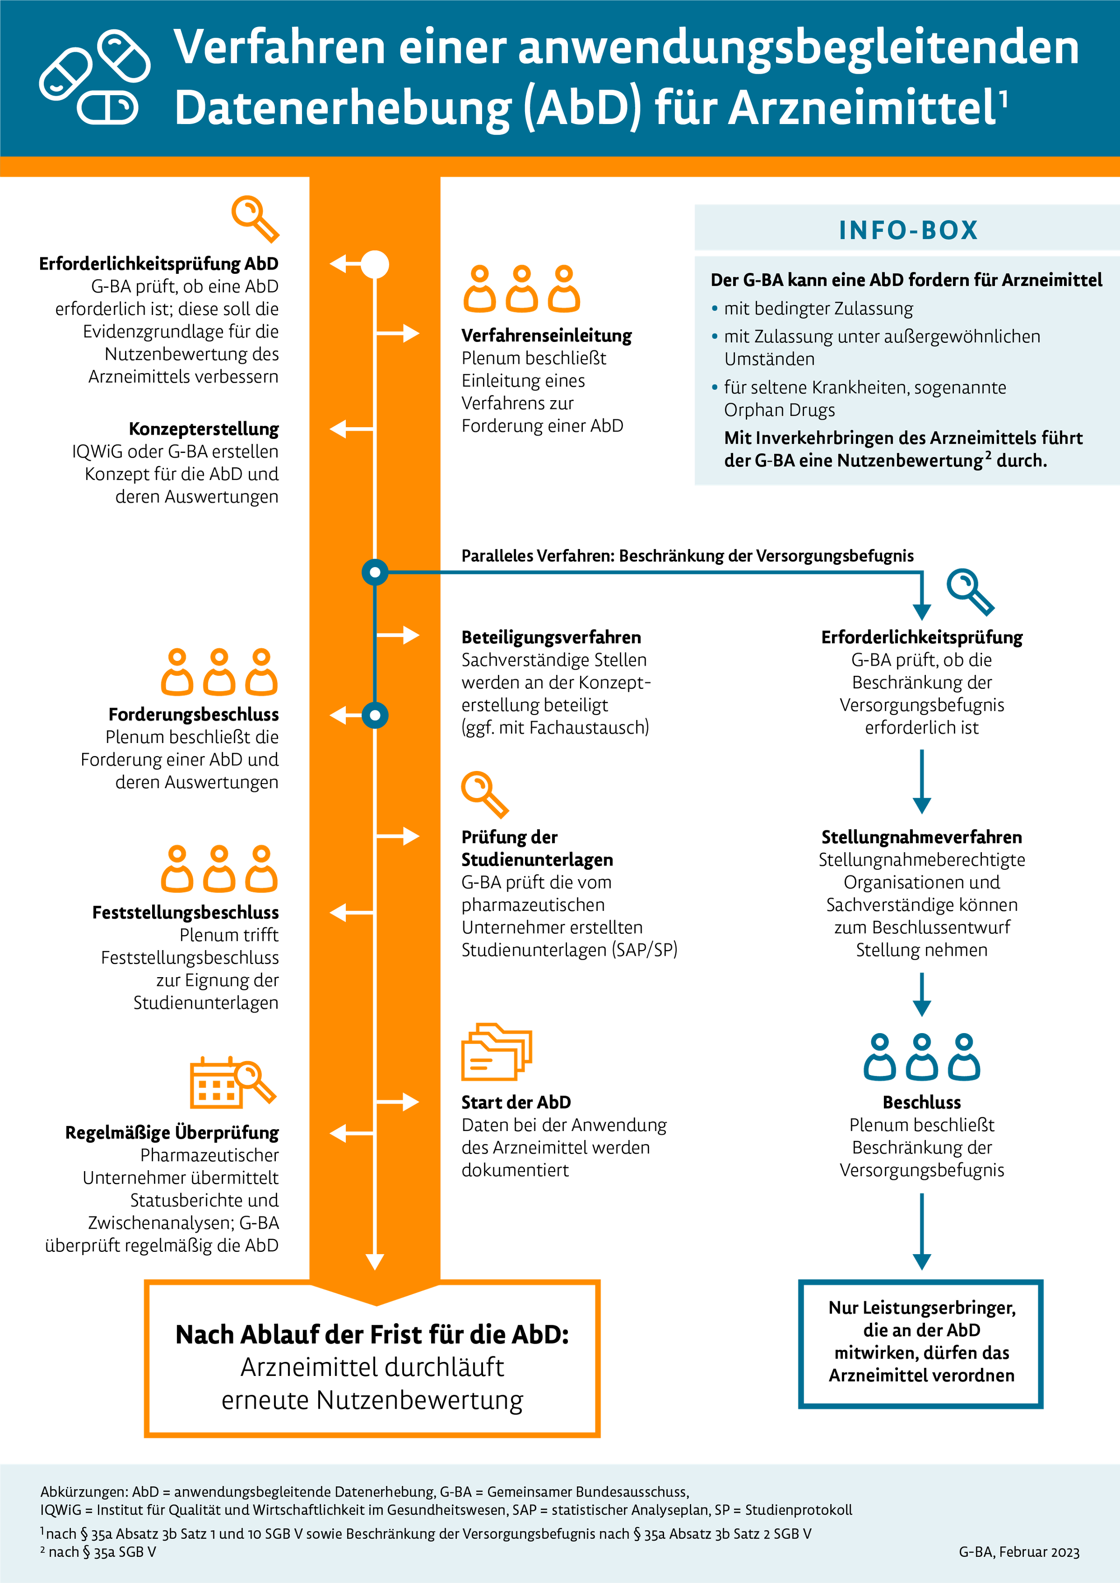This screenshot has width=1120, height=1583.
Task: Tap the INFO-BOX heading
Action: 908,229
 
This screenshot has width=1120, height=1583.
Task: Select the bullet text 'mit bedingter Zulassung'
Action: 818,308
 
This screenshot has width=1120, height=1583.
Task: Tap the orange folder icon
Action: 496,1051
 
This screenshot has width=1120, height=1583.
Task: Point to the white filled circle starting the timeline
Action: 375,264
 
